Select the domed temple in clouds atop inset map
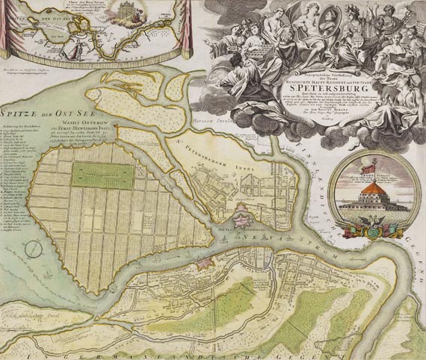(125, 11)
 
